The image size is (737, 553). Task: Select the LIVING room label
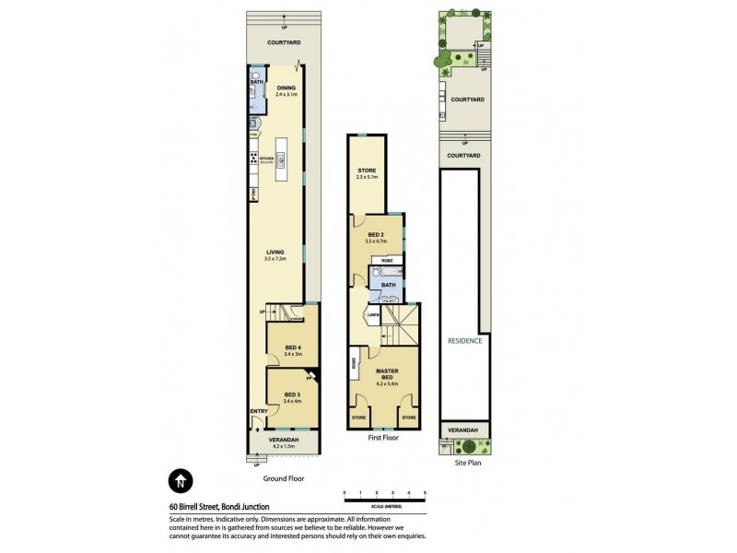click(x=275, y=254)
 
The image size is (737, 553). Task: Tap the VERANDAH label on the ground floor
click(x=283, y=442)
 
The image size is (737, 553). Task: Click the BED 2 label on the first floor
click(x=375, y=237)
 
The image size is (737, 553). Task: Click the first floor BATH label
click(x=388, y=286)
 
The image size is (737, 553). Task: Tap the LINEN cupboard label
click(x=374, y=315)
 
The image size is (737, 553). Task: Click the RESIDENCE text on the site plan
click(x=463, y=340)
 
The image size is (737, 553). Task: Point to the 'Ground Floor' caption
click(x=283, y=478)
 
